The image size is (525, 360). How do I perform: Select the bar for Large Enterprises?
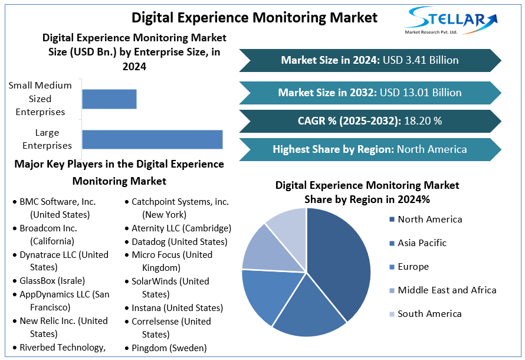coord(152,139)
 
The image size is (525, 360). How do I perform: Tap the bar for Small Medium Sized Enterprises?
coord(109,99)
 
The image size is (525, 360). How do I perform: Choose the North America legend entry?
coord(429,220)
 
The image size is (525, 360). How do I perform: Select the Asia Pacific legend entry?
coord(422,243)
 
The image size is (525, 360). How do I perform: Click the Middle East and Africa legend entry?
coord(447,290)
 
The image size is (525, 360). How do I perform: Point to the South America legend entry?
coord(429,314)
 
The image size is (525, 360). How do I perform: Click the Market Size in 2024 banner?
coord(370,60)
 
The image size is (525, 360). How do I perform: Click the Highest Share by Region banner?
coord(370,149)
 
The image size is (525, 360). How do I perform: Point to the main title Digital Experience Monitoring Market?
coord(254,17)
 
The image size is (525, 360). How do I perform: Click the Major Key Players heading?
coord(119,172)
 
